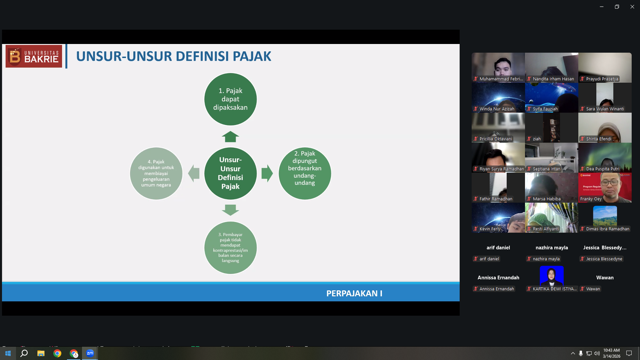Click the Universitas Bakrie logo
point(34,56)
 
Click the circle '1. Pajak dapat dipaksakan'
point(230,99)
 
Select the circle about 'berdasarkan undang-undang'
point(305,173)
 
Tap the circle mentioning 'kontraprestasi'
point(230,248)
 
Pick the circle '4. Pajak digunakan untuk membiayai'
point(156,173)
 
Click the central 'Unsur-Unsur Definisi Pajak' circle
point(230,173)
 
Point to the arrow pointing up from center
point(230,137)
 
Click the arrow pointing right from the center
point(267,173)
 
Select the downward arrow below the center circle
point(230,210)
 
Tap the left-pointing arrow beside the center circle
point(194,173)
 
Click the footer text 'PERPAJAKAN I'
point(354,293)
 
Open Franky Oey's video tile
point(605,188)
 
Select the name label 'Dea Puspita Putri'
point(603,169)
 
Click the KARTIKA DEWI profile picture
point(552,276)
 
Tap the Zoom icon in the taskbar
point(90,353)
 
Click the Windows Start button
point(8,353)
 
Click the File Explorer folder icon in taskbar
point(41,353)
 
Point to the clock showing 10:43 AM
point(611,350)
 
